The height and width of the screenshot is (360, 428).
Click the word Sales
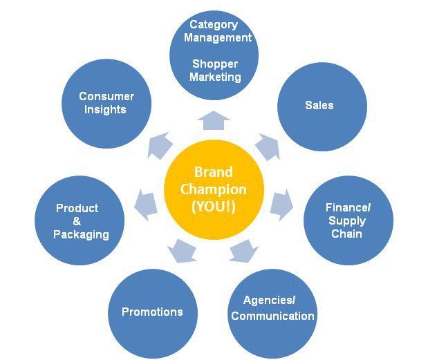point(319,105)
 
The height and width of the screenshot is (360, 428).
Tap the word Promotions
point(152,312)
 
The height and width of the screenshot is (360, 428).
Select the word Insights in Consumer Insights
point(106,109)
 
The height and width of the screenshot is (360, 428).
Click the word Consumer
point(106,96)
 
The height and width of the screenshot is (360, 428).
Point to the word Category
point(214,24)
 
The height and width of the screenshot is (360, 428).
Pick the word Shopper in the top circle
point(215,64)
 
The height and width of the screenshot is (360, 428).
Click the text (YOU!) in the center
point(214,207)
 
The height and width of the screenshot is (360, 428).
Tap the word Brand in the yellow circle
point(214,172)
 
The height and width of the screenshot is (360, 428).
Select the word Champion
point(214,189)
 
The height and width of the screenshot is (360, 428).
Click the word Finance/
point(348,208)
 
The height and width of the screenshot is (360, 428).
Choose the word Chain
point(346,234)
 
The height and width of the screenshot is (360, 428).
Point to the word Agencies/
point(270,301)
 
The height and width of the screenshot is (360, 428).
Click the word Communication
point(272,316)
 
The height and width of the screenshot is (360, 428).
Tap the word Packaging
point(82,234)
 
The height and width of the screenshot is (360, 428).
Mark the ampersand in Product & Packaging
point(77,221)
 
